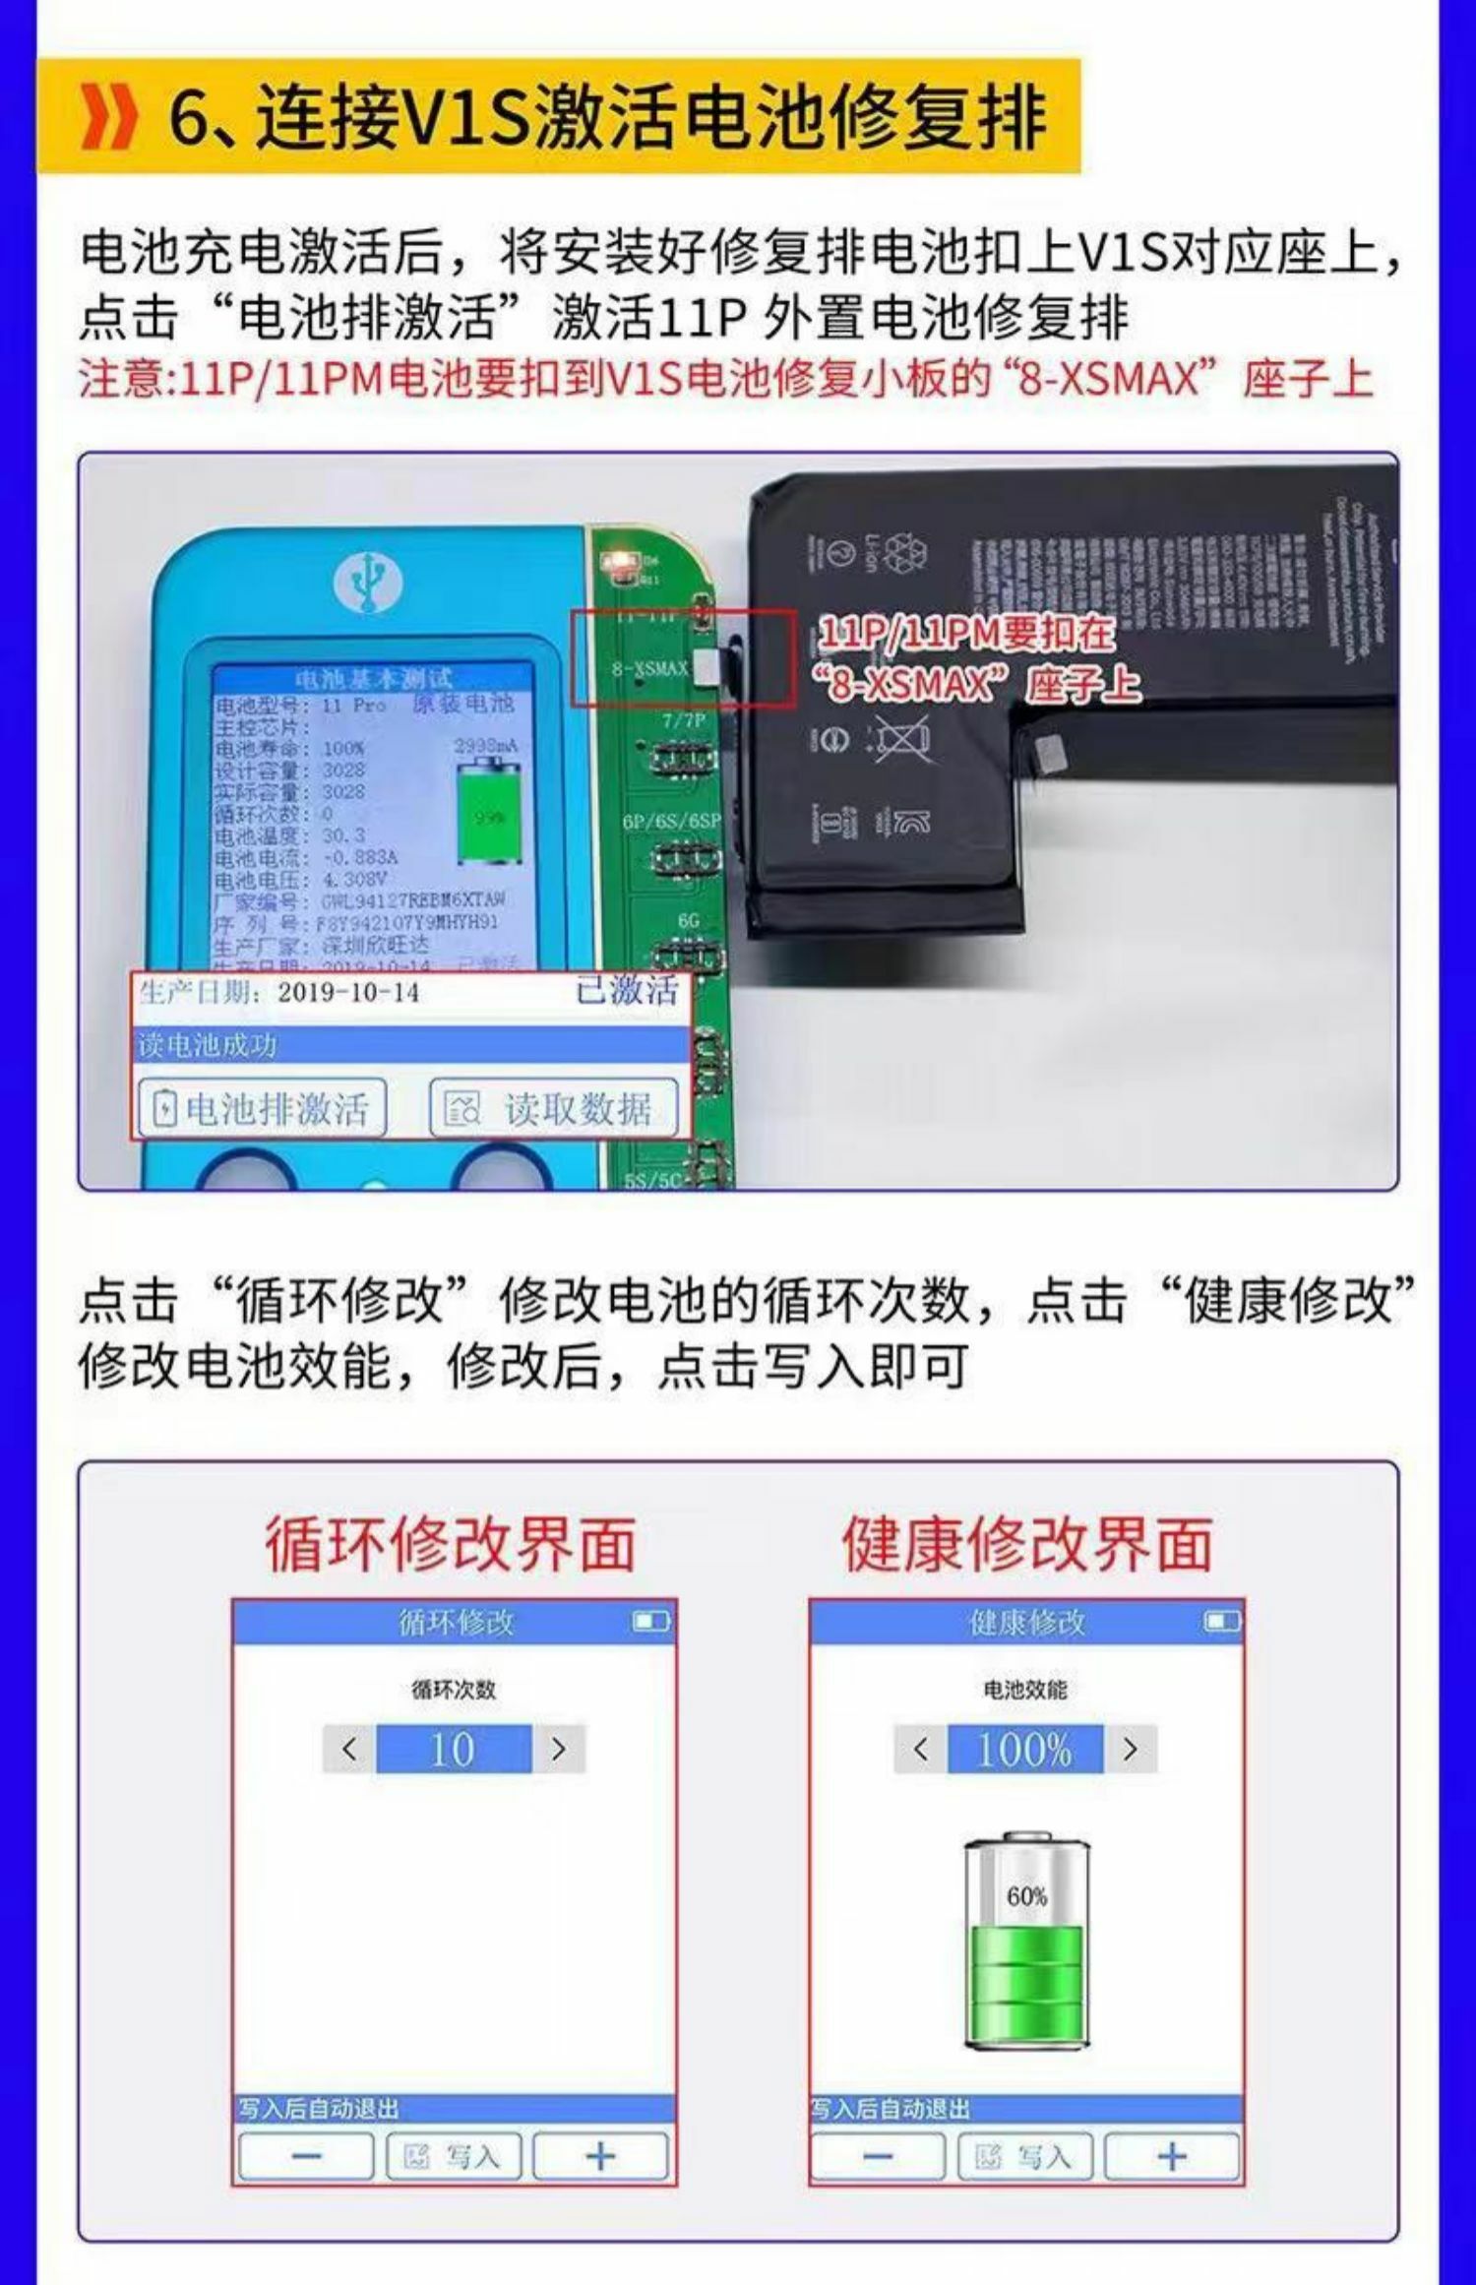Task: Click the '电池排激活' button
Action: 261,1109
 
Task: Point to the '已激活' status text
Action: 627,990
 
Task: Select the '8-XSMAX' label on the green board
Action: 649,669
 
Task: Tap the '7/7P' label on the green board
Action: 683,720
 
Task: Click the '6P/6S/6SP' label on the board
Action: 671,821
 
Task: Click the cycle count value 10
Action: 453,1749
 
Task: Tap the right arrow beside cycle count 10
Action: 559,1749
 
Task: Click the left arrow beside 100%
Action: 920,1749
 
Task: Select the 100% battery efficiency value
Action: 1024,1749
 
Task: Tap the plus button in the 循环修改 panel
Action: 600,2157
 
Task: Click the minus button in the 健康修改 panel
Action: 877,2157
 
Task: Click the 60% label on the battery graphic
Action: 1026,1896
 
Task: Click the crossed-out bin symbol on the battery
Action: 897,737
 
